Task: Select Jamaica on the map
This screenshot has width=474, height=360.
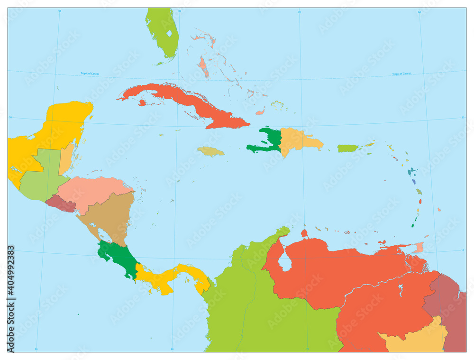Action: [211, 151]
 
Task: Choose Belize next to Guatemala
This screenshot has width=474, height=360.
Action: [66, 157]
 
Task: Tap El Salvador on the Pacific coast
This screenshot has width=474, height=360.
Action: [62, 204]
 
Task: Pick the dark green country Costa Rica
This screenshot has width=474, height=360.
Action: [118, 258]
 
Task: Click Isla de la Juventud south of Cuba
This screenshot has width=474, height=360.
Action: [142, 102]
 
